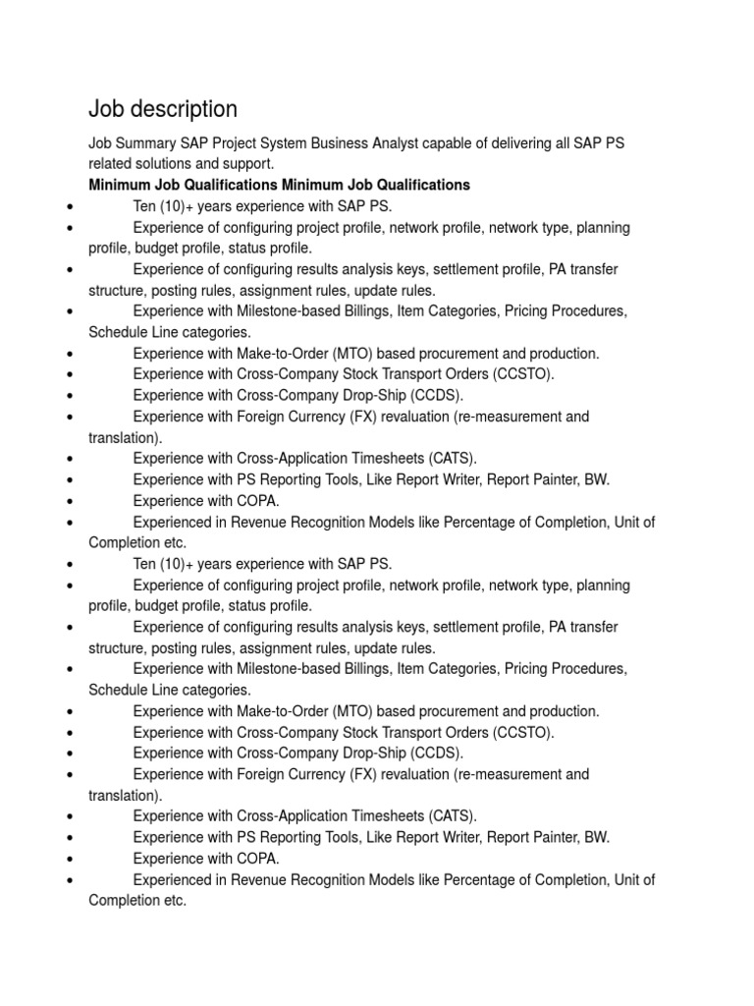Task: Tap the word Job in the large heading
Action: pos(107,108)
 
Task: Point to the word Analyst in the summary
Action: pos(403,143)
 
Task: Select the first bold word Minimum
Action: pos(119,185)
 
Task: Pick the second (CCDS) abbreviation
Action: pos(431,753)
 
